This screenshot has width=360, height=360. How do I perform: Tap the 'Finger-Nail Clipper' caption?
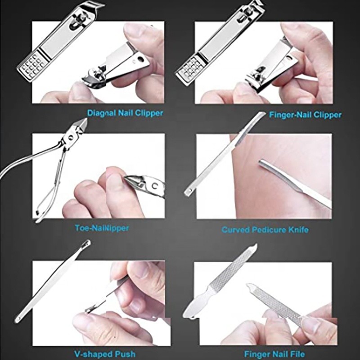305,115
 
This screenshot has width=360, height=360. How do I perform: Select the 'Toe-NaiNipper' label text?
102,228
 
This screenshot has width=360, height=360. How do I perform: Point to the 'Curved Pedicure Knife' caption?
265,230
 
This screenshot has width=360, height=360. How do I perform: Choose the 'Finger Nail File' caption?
274,354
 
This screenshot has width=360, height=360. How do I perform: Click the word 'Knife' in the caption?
297,230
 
